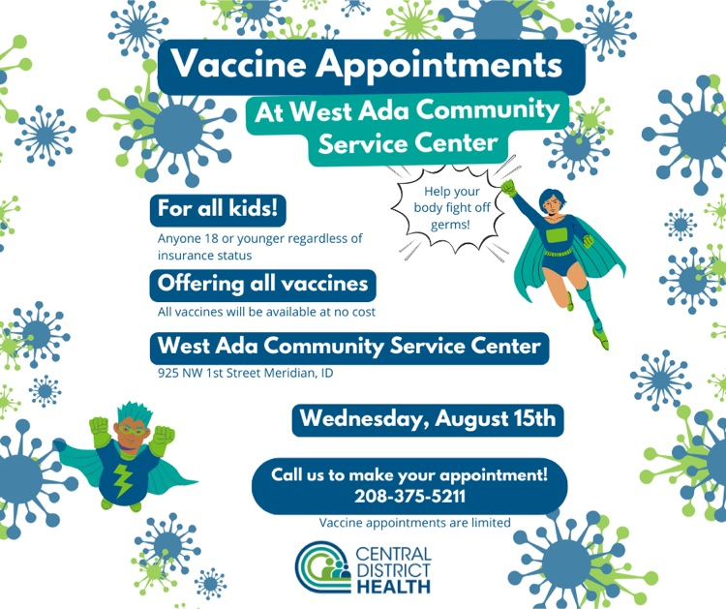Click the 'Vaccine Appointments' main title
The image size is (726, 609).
(x=366, y=64)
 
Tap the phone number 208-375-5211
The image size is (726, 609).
(x=409, y=497)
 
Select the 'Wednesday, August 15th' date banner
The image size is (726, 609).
(x=428, y=419)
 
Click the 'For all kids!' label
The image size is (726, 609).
(x=218, y=209)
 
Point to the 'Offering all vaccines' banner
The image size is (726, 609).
(x=262, y=285)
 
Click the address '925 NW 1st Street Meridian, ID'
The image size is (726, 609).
(x=246, y=373)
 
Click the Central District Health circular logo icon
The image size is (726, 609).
(x=323, y=566)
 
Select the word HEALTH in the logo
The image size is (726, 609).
(x=394, y=586)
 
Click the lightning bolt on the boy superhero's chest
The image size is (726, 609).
(x=123, y=480)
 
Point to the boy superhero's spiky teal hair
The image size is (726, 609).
(x=135, y=413)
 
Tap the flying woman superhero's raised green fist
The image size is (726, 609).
(x=508, y=187)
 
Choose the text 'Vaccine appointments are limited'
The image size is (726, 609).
(x=415, y=523)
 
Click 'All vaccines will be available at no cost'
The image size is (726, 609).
(x=266, y=312)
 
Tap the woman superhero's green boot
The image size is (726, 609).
(x=601, y=336)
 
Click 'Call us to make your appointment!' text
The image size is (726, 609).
(x=409, y=475)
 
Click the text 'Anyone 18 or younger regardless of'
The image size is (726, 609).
(x=260, y=239)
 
